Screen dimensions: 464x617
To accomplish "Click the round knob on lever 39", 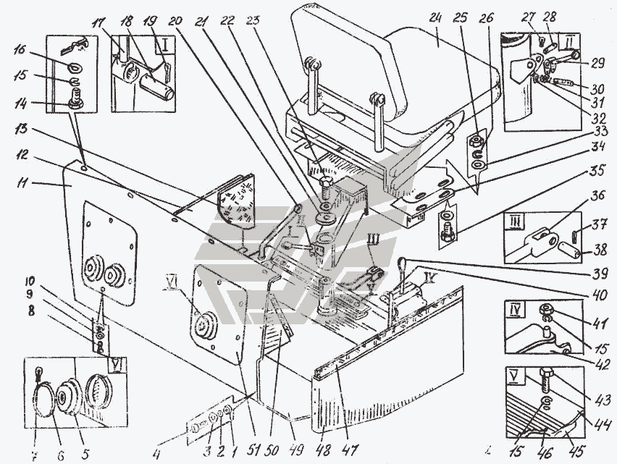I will click(400, 263).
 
